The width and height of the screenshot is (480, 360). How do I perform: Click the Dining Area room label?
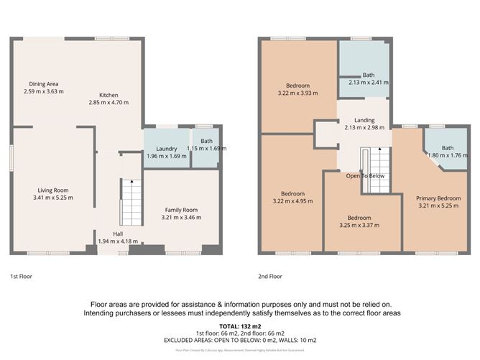click(x=44, y=84)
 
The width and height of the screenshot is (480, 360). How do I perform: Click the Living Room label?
click(x=53, y=190)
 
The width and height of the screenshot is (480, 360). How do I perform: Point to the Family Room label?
click(x=180, y=209)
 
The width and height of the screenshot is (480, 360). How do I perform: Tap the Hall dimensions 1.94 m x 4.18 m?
click(x=117, y=241)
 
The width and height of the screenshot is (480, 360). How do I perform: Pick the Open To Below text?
click(x=365, y=176)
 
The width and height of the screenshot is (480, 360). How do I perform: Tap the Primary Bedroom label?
click(x=439, y=198)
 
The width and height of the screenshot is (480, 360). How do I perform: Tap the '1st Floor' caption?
click(x=21, y=276)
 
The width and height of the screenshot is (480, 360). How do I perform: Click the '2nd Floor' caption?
click(x=270, y=276)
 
